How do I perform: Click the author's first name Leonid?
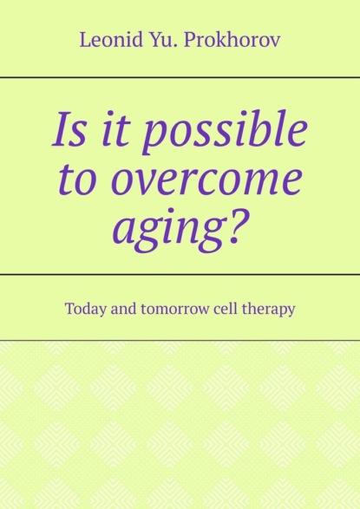tap(111, 40)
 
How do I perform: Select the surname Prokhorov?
tap(232, 40)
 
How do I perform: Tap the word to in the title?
tap(77, 179)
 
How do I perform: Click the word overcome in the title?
tap(206, 179)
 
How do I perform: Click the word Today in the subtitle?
tap(86, 309)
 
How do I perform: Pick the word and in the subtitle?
tap(124, 309)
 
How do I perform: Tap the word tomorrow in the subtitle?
tap(175, 310)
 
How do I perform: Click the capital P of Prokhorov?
tap(191, 41)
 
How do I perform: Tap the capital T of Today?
tap(71, 309)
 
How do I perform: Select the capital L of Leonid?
tap(86, 41)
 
